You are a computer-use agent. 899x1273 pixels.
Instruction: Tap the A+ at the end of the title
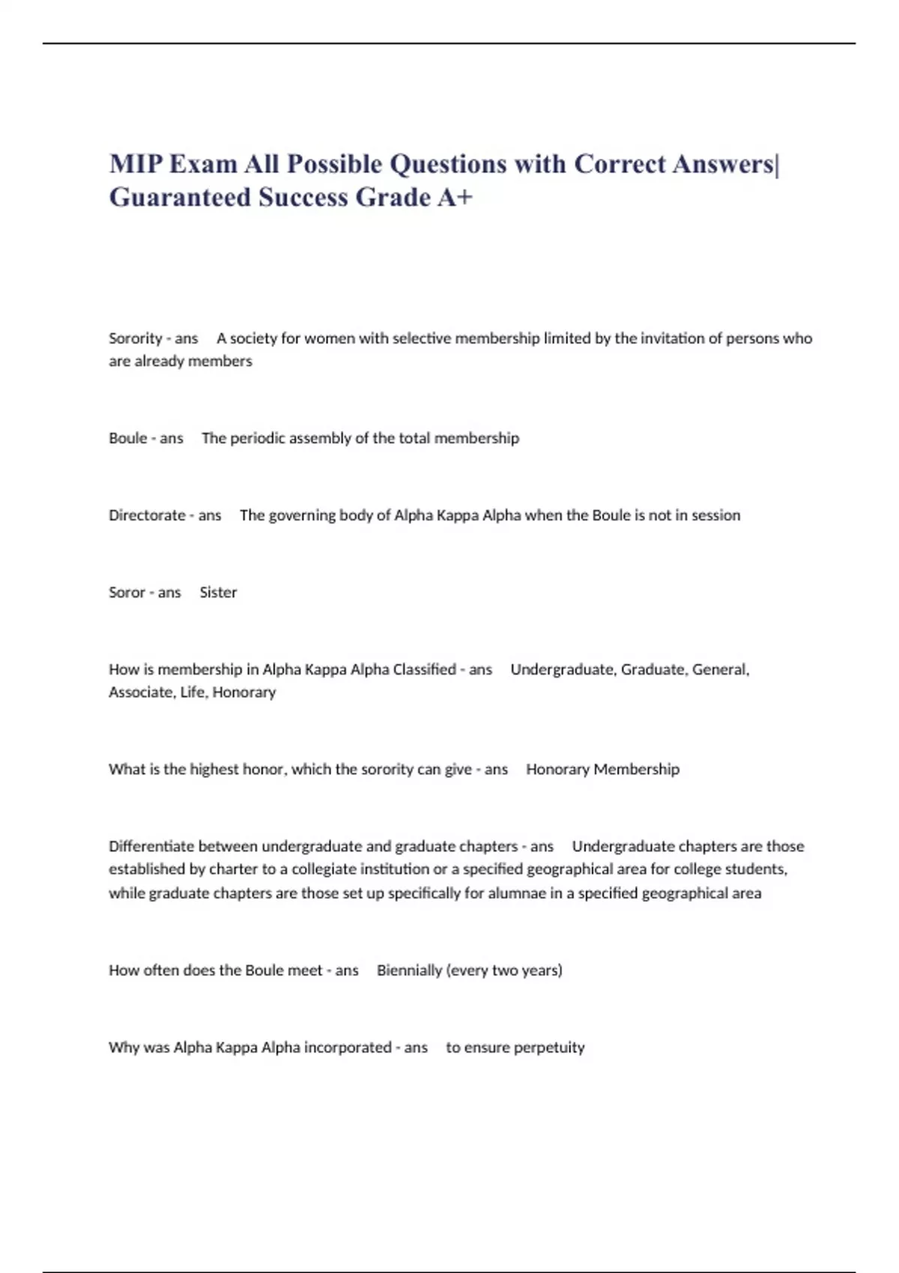(455, 197)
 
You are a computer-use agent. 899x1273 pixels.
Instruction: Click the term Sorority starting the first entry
(136, 338)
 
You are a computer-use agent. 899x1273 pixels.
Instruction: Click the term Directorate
(147, 515)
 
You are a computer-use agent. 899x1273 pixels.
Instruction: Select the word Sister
(218, 592)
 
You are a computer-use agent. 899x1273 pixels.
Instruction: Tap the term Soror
(127, 592)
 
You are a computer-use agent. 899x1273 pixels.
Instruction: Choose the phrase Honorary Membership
(602, 769)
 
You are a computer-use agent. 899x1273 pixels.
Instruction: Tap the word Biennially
(409, 970)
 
